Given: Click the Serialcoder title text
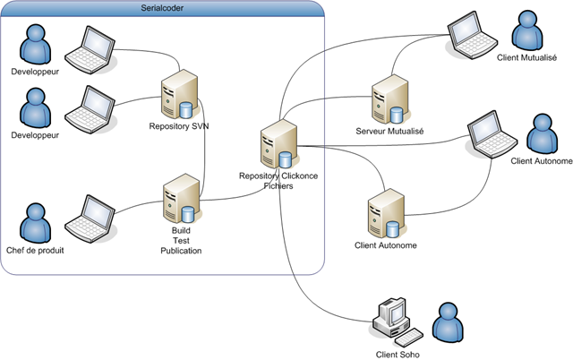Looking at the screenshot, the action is (x=162, y=8).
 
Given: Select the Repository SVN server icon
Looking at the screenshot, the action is (x=180, y=94).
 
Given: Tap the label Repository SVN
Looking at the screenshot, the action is (x=179, y=126).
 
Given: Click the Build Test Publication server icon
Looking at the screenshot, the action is (x=182, y=199).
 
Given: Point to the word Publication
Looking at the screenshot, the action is (x=181, y=251).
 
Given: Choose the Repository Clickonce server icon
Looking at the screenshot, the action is (x=279, y=144).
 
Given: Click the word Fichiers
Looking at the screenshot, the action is (x=278, y=186).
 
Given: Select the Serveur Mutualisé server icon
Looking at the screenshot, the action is (x=390, y=99).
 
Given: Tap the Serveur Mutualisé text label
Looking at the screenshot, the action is (x=389, y=131).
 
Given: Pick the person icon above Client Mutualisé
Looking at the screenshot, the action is (x=527, y=30).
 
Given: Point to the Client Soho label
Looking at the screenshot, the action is (x=398, y=355).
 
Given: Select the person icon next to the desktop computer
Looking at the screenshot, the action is (x=448, y=322).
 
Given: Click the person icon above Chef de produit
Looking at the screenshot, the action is (x=35, y=223).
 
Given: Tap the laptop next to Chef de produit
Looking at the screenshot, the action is (x=90, y=219).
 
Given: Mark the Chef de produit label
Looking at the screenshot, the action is (x=35, y=251).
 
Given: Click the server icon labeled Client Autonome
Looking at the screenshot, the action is (x=387, y=213).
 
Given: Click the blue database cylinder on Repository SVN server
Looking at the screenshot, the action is (x=185, y=110).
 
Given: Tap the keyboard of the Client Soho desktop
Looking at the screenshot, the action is (x=409, y=338).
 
